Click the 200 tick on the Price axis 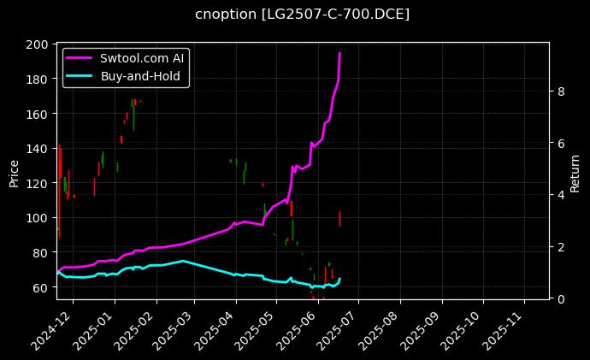[x=38, y=44]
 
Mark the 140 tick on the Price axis [x=38, y=149]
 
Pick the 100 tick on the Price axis [x=38, y=218]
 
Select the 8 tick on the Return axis [x=559, y=91]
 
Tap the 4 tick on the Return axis [x=559, y=195]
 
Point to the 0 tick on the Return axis [x=559, y=298]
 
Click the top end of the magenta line [x=339, y=53]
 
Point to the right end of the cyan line [x=339, y=279]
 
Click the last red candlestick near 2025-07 [x=339, y=218]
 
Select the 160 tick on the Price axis [x=38, y=114]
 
